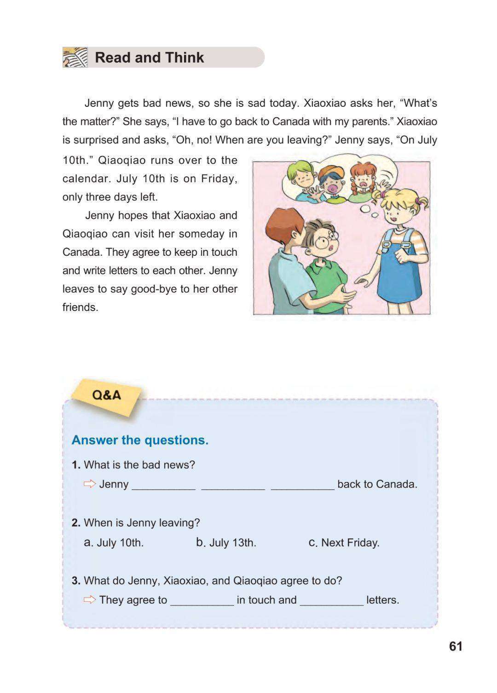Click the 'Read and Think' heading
(x=149, y=58)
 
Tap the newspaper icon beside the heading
(x=75, y=58)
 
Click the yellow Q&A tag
(x=106, y=395)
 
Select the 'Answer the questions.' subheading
(x=140, y=440)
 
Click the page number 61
(x=456, y=646)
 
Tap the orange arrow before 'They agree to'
(x=90, y=599)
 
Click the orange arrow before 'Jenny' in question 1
(x=90, y=484)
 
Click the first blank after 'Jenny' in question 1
(x=163, y=485)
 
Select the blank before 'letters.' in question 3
(x=331, y=600)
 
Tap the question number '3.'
(x=76, y=581)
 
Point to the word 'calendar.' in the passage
(x=85, y=179)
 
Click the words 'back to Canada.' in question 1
(x=377, y=484)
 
